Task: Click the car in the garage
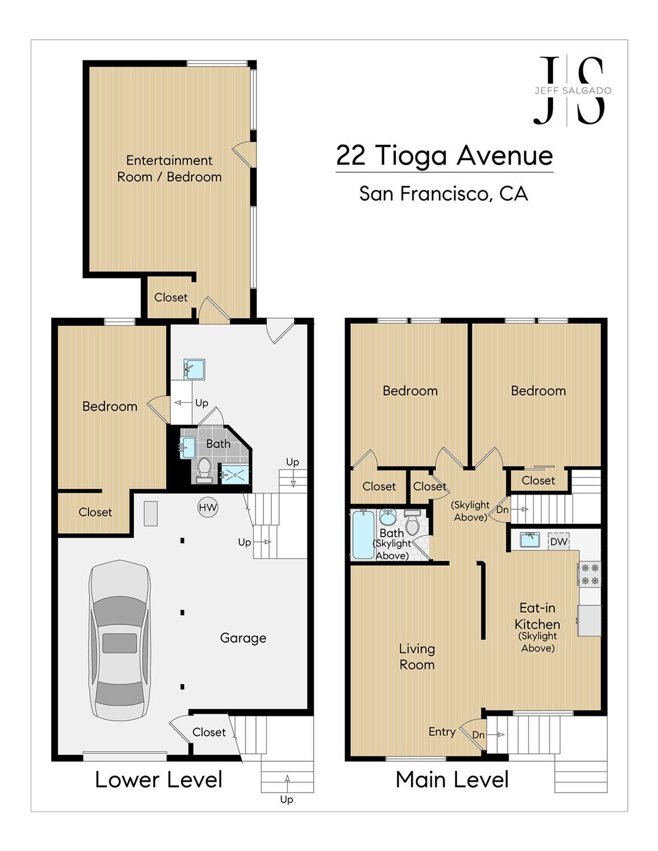(119, 640)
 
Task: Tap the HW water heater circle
(208, 508)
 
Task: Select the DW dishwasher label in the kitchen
(559, 542)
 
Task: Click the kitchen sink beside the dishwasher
(530, 539)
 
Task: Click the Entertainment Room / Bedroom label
(169, 169)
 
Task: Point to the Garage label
(243, 638)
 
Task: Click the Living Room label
(417, 657)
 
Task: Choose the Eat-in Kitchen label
(537, 616)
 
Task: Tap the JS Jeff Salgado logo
(571, 91)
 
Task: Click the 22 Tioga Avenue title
(444, 156)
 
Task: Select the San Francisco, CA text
(443, 194)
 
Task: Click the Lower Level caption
(158, 779)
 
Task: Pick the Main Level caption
(452, 779)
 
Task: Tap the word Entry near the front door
(442, 732)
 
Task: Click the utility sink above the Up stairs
(194, 368)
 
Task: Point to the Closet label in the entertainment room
(170, 297)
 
